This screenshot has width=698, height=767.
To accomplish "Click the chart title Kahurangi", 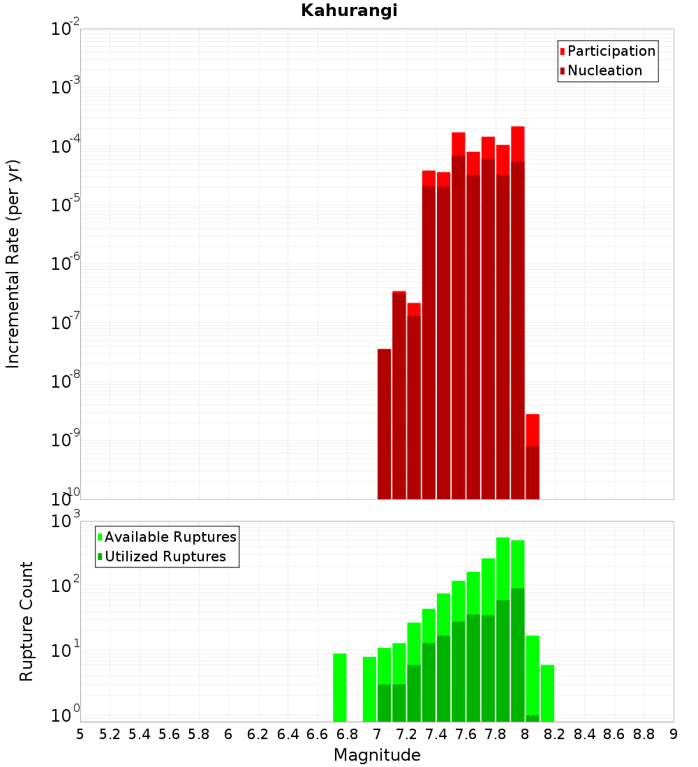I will click(x=349, y=10).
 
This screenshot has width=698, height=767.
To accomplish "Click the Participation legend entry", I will click(x=611, y=51).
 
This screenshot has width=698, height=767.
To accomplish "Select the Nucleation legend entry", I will click(x=604, y=70).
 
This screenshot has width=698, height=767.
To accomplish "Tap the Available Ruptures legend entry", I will click(x=170, y=537).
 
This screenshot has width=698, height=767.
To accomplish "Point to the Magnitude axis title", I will click(x=377, y=755).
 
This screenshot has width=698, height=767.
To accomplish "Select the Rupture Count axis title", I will click(x=26, y=621).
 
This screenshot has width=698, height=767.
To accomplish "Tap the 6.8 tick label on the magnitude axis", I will click(x=347, y=734).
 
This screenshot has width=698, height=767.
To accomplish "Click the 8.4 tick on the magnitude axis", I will click(x=584, y=734).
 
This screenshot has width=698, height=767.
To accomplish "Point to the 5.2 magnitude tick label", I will click(x=110, y=734).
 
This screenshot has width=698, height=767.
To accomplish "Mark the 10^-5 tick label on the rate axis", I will click(x=66, y=204).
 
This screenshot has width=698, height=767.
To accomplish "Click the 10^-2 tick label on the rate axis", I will click(x=66, y=29).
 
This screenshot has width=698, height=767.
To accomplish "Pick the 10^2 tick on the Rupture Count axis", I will click(x=66, y=585).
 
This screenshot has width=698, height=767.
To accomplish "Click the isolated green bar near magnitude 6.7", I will click(x=340, y=687).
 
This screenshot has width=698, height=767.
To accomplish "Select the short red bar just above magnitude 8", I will click(x=533, y=457).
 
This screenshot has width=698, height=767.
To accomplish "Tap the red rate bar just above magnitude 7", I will click(x=384, y=423).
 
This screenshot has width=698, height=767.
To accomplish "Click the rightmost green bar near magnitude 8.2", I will click(x=547, y=693).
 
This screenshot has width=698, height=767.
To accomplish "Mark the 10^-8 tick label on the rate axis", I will click(x=66, y=381).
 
